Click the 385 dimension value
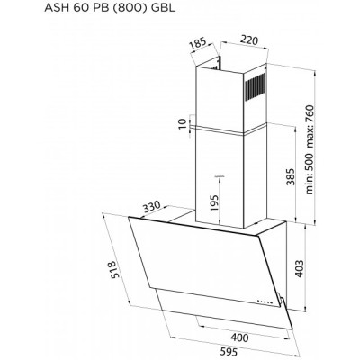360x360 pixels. coord(290,175)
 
